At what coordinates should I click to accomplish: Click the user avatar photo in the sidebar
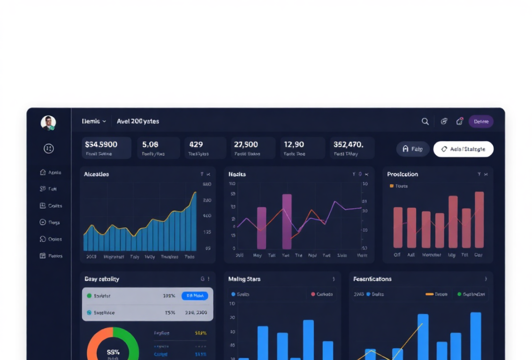(x=48, y=123)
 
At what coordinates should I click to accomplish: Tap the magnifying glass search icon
(x=425, y=121)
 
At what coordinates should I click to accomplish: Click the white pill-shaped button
(x=463, y=149)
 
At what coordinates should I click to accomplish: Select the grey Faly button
(x=412, y=149)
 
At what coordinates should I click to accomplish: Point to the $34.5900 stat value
(x=101, y=144)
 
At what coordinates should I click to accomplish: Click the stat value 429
(x=196, y=144)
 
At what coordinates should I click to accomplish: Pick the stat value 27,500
(x=246, y=144)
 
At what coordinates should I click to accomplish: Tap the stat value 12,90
(x=294, y=144)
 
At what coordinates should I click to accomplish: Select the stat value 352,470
(x=349, y=144)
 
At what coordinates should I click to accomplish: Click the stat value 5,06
(x=150, y=144)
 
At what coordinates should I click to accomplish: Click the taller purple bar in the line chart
(x=287, y=221)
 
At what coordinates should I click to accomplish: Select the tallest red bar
(x=479, y=219)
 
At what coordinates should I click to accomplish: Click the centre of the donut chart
(x=113, y=352)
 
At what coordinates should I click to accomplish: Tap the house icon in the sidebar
(x=43, y=172)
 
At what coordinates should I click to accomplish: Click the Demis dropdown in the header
(x=94, y=121)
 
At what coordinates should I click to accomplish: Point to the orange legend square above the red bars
(x=392, y=186)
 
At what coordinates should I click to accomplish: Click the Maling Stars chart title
(x=244, y=279)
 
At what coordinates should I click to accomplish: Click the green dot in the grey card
(x=89, y=296)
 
